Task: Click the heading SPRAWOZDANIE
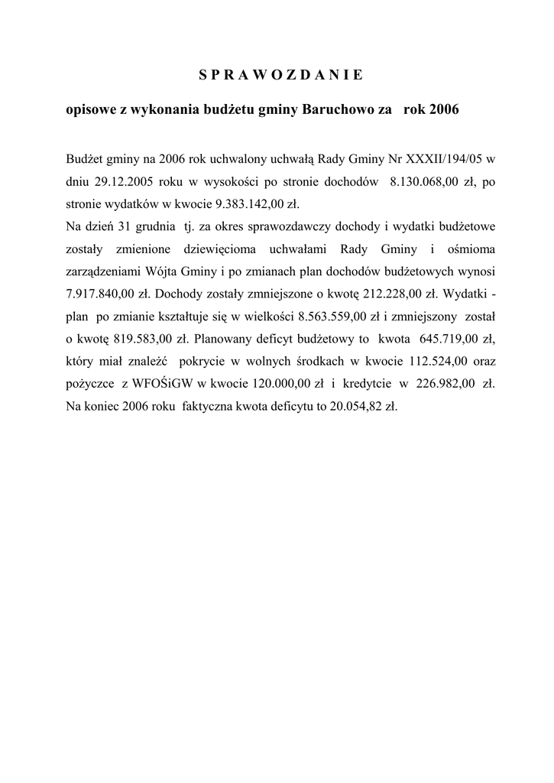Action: click(x=276, y=75)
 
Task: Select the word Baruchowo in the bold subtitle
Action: click(x=339, y=110)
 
